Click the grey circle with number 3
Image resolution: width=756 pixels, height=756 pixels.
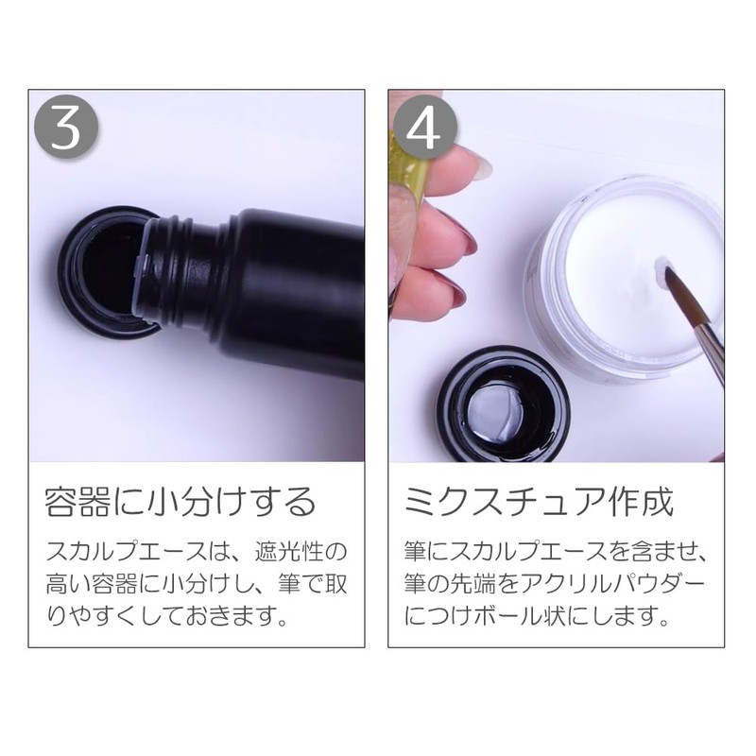coord(66,128)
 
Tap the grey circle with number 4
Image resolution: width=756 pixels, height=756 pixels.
coord(424,128)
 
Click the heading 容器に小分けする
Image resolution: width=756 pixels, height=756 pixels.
coord(180,503)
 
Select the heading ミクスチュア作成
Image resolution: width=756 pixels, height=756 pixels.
coord(539,503)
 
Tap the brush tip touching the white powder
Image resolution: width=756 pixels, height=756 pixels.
coord(671,284)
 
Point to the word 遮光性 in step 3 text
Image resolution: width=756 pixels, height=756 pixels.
coord(288,552)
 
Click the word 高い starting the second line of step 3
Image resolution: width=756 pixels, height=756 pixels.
coord(68,584)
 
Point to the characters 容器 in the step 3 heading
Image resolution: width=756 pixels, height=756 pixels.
coord(77,503)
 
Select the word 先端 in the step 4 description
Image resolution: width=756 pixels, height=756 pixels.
coord(472,584)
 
